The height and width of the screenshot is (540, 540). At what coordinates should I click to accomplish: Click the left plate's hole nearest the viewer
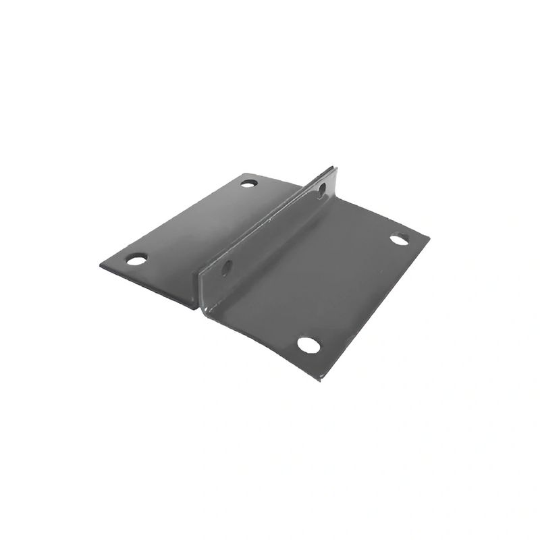[136, 259]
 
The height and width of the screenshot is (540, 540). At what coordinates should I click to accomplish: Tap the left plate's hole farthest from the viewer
[248, 183]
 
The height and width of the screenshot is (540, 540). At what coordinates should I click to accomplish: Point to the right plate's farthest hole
[398, 239]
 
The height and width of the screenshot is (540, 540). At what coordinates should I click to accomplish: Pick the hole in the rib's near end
[226, 266]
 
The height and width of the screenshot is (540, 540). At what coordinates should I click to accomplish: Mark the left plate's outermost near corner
[101, 265]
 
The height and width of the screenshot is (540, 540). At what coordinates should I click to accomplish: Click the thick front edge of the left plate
[148, 283]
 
